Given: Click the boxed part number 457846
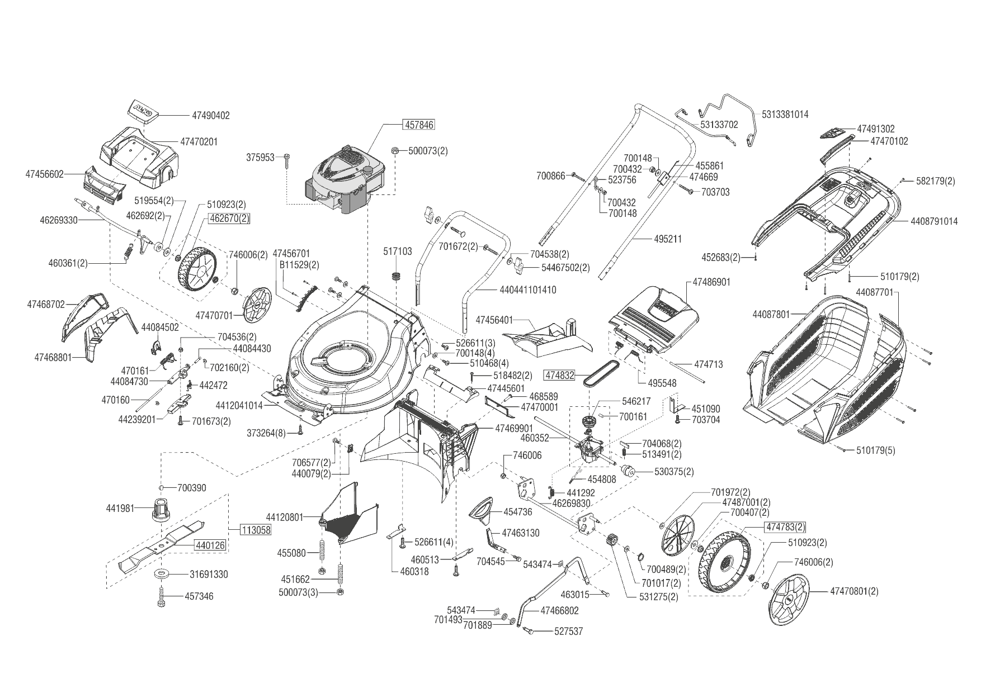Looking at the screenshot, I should coord(419,125).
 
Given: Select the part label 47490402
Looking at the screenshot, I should coord(211,116).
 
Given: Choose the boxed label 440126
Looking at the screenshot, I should coord(210,545).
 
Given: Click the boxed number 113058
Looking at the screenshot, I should coord(256,530).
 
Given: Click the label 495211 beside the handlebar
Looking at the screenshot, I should coord(668,239).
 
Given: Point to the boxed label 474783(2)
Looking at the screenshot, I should coord(786,526).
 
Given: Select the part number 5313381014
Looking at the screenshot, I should coord(785,115).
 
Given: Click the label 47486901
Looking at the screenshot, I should coord(711,282).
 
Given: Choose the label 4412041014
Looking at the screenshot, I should coord(239,405).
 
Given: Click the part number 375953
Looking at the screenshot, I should coord(260,158).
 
